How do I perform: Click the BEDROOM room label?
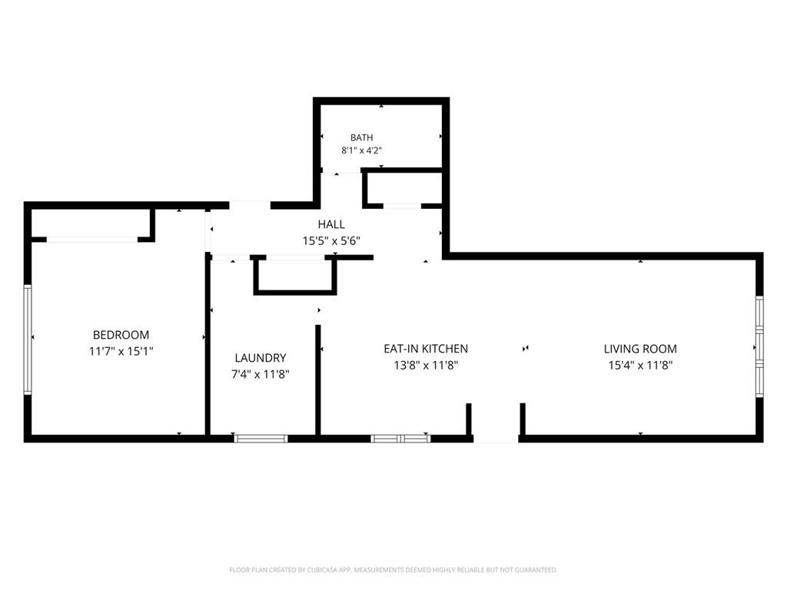[x=121, y=335]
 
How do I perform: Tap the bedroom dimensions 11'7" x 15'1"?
[x=121, y=351]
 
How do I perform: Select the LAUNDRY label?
[x=261, y=358]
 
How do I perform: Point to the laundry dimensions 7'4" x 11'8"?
[x=261, y=374]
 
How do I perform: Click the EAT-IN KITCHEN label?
[x=426, y=349]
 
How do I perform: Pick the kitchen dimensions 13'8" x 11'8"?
[x=426, y=365]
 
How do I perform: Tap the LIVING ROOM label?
[x=640, y=349]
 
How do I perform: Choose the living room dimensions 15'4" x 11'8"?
[x=640, y=365]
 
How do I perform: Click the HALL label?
[x=331, y=224]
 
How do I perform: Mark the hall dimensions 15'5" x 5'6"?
[x=331, y=240]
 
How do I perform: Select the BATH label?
[x=362, y=138]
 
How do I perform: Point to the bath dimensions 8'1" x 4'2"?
[x=362, y=151]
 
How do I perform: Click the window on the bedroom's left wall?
[x=28, y=340]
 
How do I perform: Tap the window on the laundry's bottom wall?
[x=261, y=439]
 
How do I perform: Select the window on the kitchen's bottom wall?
[x=400, y=439]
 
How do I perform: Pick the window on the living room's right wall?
[x=760, y=347]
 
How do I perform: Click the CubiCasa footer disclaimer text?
[x=393, y=570]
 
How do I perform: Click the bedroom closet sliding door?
[x=92, y=240]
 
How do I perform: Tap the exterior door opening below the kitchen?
[x=496, y=439]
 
